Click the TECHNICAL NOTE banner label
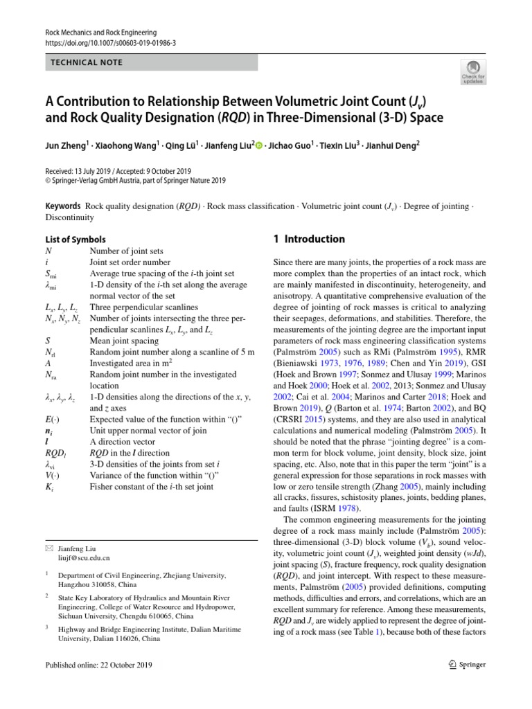(87, 62)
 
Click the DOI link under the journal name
(110, 43)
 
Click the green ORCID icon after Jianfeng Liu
(260, 146)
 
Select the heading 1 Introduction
(310, 239)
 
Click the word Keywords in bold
(62, 207)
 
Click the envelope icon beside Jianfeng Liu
(48, 547)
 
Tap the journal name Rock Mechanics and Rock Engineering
(100, 33)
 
